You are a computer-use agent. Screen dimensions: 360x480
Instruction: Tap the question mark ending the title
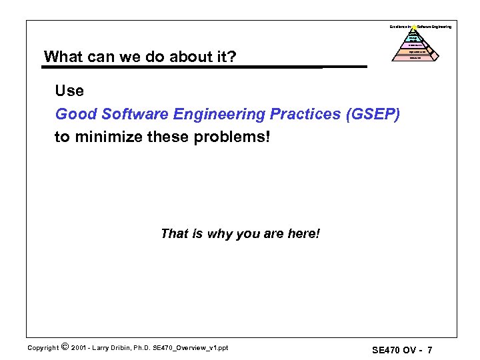point(231,57)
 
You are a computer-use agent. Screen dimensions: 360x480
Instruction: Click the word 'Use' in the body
point(70,91)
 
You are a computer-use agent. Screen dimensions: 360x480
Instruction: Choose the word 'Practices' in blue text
point(301,114)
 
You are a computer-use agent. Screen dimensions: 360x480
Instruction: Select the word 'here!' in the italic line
point(303,234)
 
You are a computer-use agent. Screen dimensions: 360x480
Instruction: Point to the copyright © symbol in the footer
point(64,347)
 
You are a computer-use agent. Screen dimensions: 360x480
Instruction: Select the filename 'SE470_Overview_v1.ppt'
point(195,348)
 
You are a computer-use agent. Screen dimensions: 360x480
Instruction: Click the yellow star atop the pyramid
point(415,27)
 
